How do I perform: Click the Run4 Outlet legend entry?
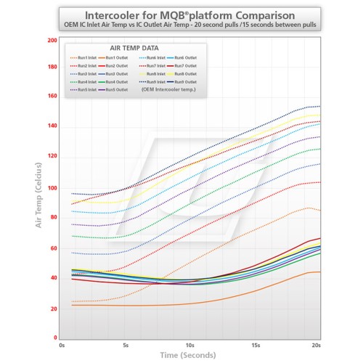116,81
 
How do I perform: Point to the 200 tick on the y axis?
52,40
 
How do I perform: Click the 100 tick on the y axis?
52,188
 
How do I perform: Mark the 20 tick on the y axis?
53,309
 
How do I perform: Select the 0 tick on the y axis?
54,338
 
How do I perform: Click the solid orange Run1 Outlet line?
218,300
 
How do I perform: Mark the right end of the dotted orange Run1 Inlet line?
319,211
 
